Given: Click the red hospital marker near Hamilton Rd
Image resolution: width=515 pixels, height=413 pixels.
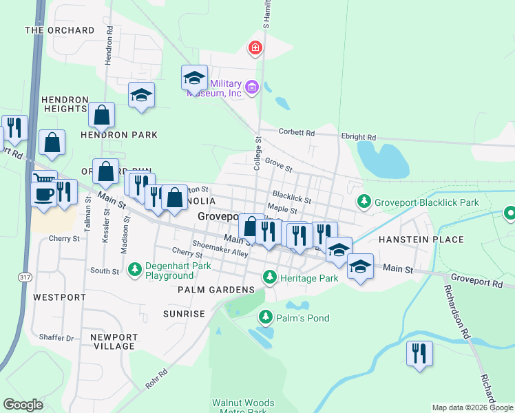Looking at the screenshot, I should (255, 47).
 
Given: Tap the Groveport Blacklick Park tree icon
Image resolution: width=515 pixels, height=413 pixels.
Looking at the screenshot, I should (364, 202).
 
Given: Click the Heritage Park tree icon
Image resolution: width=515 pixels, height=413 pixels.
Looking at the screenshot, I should (270, 278).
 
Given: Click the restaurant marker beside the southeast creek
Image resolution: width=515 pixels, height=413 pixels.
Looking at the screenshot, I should (419, 354).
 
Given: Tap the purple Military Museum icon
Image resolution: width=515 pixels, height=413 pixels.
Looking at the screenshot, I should (252, 87).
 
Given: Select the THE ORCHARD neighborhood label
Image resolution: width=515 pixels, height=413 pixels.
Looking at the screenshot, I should (60, 30).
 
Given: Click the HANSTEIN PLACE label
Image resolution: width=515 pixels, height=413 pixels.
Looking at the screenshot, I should (421, 240).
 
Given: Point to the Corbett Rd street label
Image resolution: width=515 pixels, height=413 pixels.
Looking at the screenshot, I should (296, 132).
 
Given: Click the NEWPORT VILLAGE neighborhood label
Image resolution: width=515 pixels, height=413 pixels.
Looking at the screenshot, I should (113, 341).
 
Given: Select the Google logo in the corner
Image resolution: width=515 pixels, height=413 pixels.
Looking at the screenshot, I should (23, 405).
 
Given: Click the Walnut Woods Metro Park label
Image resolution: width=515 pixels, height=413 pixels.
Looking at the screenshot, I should (243, 407).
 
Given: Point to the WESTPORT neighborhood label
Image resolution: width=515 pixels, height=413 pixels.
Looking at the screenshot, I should (59, 297).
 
